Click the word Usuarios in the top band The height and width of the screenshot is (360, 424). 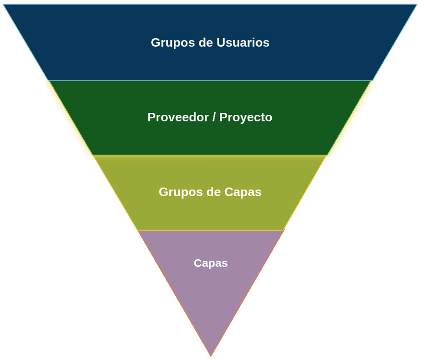[x=243, y=43]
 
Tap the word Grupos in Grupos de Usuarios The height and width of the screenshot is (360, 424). [x=173, y=43]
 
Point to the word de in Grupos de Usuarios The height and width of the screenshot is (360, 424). [x=205, y=43]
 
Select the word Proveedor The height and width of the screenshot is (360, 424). [x=178, y=117]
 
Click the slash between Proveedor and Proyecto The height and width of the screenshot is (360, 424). [x=214, y=117]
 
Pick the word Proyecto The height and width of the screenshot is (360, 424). [x=246, y=118]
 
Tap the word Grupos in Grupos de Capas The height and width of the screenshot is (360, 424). [x=180, y=193]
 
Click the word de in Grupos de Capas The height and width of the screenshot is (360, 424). [x=214, y=192]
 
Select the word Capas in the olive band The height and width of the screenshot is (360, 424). [x=243, y=193]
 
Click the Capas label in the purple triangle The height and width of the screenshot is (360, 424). [x=210, y=263]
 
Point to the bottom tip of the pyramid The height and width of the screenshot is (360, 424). [x=211, y=356]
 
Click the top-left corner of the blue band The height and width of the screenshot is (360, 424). [x=3, y=5]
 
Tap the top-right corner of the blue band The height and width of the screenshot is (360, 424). [x=417, y=5]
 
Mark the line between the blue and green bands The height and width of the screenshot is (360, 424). [x=210, y=81]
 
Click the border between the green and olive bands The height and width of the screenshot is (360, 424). [x=210, y=155]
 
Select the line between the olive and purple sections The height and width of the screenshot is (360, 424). [x=210, y=230]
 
